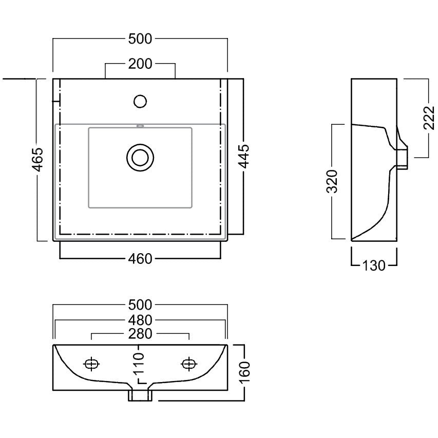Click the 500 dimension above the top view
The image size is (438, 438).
pos(140,39)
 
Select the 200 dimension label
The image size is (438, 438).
pos(140,64)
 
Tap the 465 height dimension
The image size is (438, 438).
pos(37,160)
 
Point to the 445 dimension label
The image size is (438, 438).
pos(244,157)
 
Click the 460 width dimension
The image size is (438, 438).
pos(140,259)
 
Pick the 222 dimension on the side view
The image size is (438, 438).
pos(429,118)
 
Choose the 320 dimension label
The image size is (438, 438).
pos(332,182)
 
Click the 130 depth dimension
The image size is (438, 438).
pos(374,265)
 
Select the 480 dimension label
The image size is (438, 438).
pos(140,320)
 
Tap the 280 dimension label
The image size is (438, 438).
pos(140,334)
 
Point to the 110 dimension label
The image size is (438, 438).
pos(138,363)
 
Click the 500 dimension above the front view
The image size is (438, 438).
pos(140,305)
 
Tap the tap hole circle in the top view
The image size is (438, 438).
pos(140,101)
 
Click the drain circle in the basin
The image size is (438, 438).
pos(140,158)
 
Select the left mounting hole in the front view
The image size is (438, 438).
pos(91,364)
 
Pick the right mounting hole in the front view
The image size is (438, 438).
pos(189,364)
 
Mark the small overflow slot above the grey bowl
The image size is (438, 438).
pos(140,126)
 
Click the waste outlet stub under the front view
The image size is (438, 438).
pos(140,395)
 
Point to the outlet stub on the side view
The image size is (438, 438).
pos(402,158)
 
